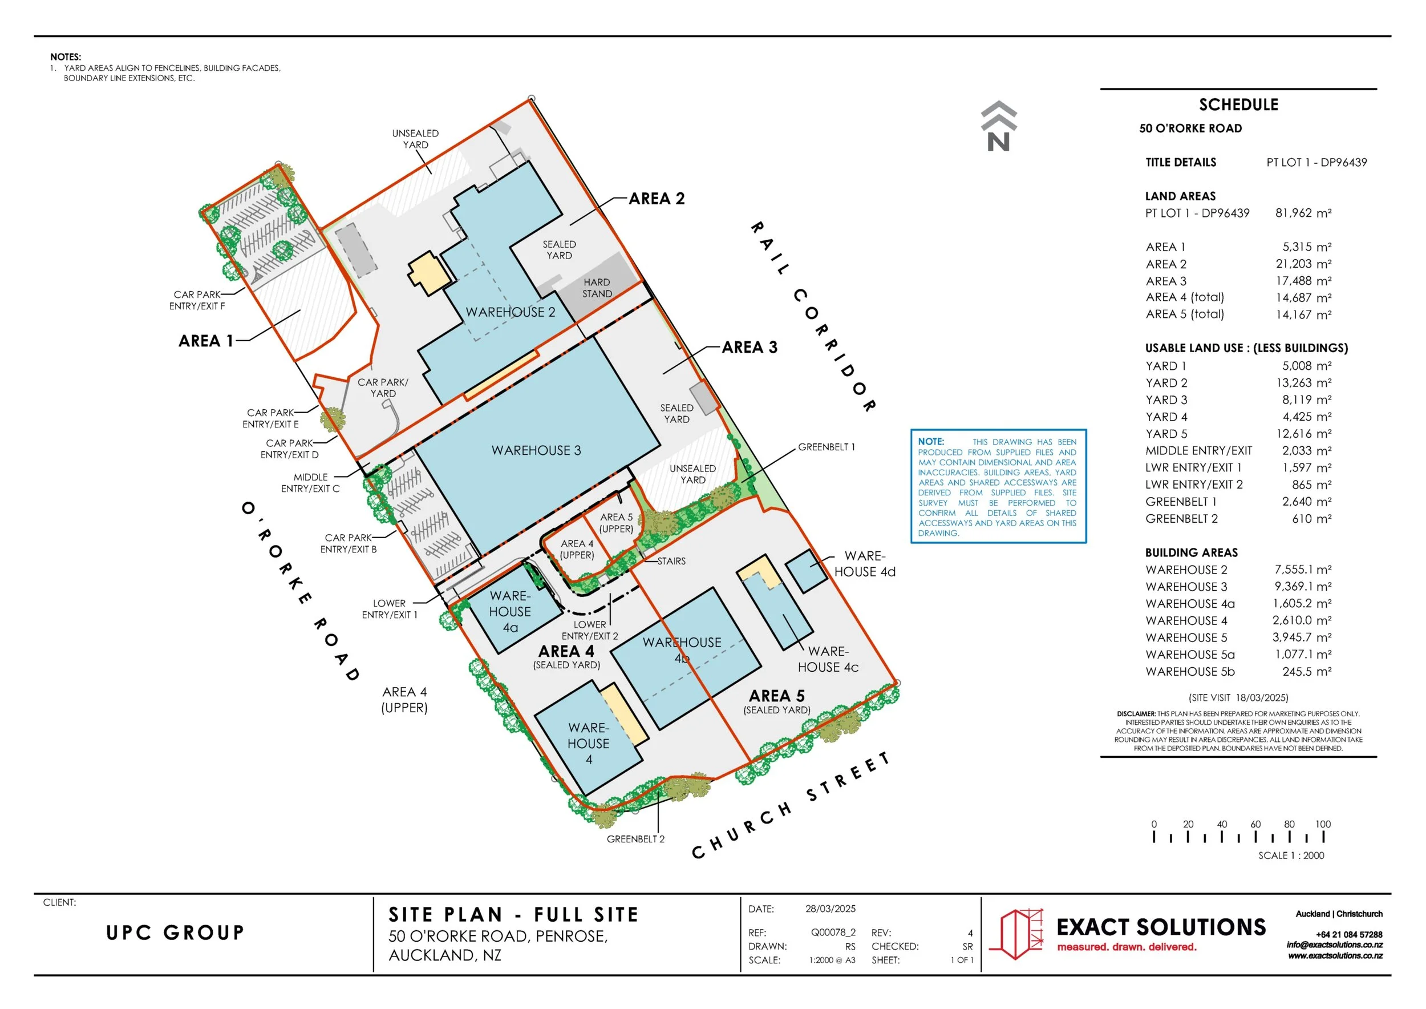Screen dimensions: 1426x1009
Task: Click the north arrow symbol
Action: tap(999, 126)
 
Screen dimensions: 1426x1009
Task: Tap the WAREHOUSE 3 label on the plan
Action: tap(536, 450)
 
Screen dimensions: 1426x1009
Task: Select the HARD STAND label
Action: tap(597, 288)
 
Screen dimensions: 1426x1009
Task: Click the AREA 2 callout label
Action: tap(657, 199)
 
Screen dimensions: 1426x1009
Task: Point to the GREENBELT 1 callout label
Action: tap(826, 447)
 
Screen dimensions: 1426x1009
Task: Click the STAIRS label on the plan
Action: tap(671, 561)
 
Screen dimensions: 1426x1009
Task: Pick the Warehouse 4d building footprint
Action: tap(807, 570)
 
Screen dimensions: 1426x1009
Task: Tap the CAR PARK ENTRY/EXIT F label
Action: tap(197, 300)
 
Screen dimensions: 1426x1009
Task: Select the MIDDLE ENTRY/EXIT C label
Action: tap(310, 483)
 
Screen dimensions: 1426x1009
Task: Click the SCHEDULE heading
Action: tap(1238, 105)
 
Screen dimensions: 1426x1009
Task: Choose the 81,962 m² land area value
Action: tap(1303, 213)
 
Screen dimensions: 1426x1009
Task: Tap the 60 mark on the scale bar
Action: tap(1255, 825)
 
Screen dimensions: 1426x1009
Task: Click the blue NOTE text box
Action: tap(998, 486)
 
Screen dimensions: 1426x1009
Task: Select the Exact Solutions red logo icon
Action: tap(1016, 934)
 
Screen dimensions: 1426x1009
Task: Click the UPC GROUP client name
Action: tap(175, 933)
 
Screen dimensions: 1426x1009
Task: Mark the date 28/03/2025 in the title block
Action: tap(831, 909)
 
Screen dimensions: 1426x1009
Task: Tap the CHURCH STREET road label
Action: tap(791, 806)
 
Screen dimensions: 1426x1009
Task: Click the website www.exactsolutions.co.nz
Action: tap(1335, 955)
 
